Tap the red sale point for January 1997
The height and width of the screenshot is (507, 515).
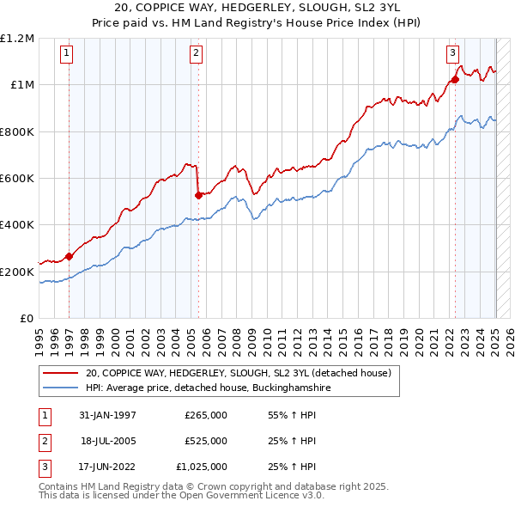70,255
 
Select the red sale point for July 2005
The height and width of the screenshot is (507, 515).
198,195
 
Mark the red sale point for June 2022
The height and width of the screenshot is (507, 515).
455,79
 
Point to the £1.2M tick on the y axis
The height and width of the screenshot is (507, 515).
17,39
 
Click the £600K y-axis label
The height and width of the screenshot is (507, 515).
17,179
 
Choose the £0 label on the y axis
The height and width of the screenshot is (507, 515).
26,318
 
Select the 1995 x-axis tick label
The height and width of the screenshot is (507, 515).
39,337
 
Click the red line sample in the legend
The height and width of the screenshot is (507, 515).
60,373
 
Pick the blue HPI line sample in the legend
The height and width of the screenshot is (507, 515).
60,388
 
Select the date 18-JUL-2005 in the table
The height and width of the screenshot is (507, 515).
110,441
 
